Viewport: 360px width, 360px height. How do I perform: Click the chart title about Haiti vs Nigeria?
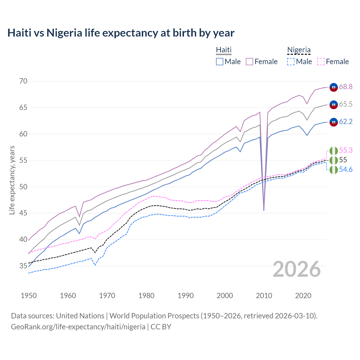(x=121, y=33)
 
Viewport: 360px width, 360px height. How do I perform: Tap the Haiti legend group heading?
(x=224, y=50)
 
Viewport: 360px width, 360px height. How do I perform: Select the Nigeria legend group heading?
(x=299, y=50)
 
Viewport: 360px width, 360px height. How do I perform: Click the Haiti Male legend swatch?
(x=220, y=62)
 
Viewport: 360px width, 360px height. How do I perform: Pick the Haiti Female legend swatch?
(x=249, y=62)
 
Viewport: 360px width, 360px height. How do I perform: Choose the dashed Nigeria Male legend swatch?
(x=291, y=62)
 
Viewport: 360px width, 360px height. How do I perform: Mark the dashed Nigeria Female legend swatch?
(x=321, y=62)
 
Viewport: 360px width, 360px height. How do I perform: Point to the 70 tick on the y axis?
(x=23, y=81)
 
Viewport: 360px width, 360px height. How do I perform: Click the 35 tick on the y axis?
(x=23, y=266)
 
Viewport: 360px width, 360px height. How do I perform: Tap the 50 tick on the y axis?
(x=23, y=187)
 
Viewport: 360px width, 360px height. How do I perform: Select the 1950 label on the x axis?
(x=29, y=296)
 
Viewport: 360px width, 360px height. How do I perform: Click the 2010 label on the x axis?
(x=264, y=296)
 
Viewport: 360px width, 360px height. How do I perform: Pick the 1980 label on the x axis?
(x=146, y=296)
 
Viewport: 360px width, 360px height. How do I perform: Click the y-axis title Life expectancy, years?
(x=12, y=180)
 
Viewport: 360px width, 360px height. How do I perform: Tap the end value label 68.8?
(x=346, y=87)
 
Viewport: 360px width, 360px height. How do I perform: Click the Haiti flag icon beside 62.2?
(x=334, y=122)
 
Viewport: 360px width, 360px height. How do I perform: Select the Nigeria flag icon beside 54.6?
(x=334, y=170)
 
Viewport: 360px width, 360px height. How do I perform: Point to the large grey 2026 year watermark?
(x=296, y=269)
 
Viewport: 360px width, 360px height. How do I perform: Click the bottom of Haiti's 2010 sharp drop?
(x=264, y=210)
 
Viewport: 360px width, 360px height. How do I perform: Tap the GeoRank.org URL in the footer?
(x=78, y=327)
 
